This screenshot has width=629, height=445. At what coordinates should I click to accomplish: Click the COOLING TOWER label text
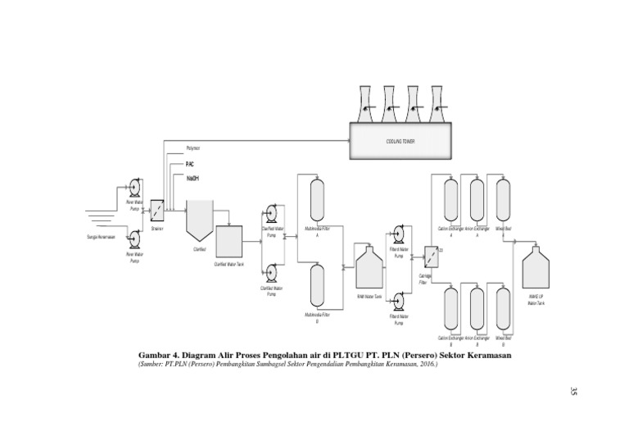click(400, 141)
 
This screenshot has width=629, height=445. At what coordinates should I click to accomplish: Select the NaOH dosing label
click(192, 179)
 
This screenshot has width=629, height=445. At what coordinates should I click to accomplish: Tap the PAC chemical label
click(190, 164)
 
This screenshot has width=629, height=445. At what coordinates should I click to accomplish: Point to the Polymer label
click(192, 148)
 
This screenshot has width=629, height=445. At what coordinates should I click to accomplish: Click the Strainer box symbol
click(157, 209)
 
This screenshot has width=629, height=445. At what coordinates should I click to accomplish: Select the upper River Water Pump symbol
click(133, 188)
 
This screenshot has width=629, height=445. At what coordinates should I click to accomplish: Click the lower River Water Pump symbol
click(133, 238)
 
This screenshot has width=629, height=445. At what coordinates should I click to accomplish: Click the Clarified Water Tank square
click(229, 241)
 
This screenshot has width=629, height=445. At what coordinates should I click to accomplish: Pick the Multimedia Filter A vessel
click(317, 199)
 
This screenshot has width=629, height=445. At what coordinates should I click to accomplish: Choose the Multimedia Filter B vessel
click(317, 285)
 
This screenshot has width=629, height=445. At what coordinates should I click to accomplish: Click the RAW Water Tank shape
click(369, 266)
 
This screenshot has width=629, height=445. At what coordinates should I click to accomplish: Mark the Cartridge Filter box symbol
click(431, 255)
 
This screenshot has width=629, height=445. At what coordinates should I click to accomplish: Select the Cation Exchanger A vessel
click(451, 198)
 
